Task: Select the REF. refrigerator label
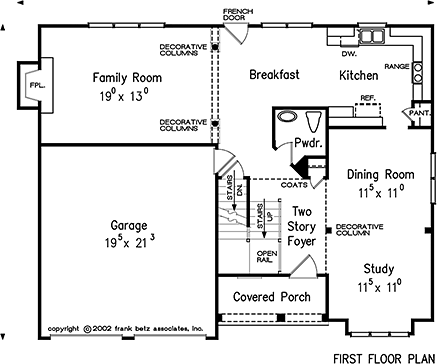367,98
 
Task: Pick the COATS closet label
294,184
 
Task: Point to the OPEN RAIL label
267,258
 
